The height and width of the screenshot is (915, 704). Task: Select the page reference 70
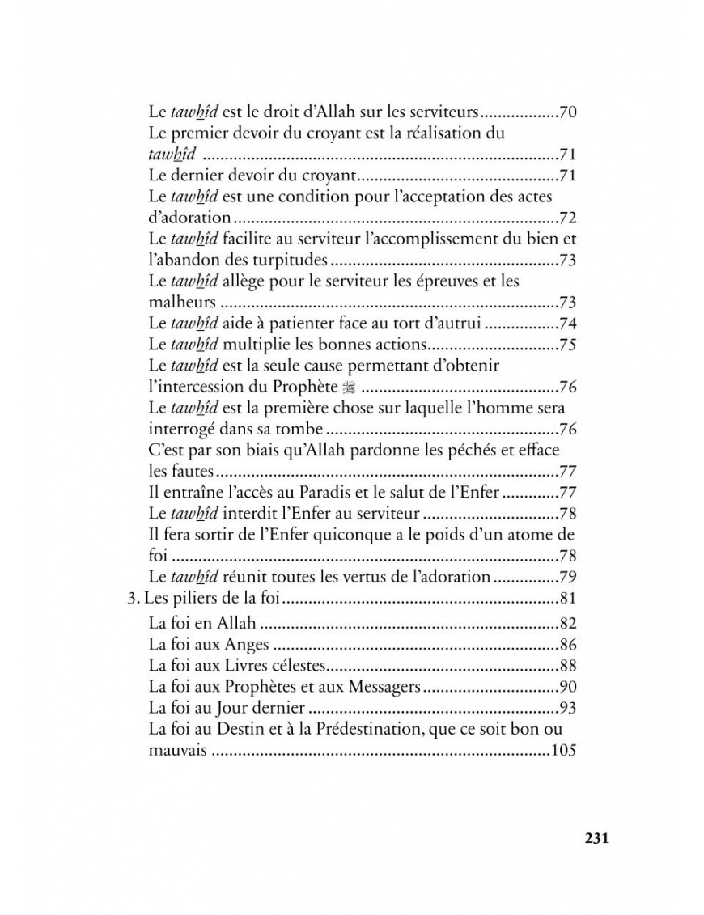click(x=566, y=112)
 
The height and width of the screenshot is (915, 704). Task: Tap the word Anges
click(x=248, y=645)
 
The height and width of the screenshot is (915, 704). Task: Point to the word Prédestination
click(x=397, y=730)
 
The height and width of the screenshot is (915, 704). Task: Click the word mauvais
click(x=178, y=752)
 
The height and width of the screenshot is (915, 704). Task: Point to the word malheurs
click(x=182, y=303)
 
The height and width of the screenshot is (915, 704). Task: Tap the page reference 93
click(x=566, y=709)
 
